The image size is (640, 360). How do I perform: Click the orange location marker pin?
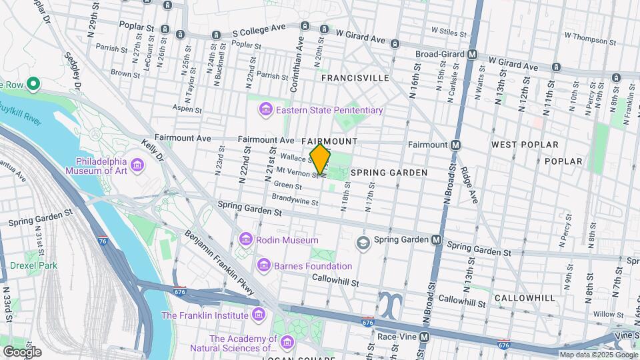320,159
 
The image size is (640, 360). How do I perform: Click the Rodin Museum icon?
245,239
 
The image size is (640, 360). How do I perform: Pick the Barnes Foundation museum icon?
264,266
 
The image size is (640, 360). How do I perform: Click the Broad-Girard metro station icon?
472,54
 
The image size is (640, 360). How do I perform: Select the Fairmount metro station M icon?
456,145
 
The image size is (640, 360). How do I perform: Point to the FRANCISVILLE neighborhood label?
355,78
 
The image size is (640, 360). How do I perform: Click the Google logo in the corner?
22,351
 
